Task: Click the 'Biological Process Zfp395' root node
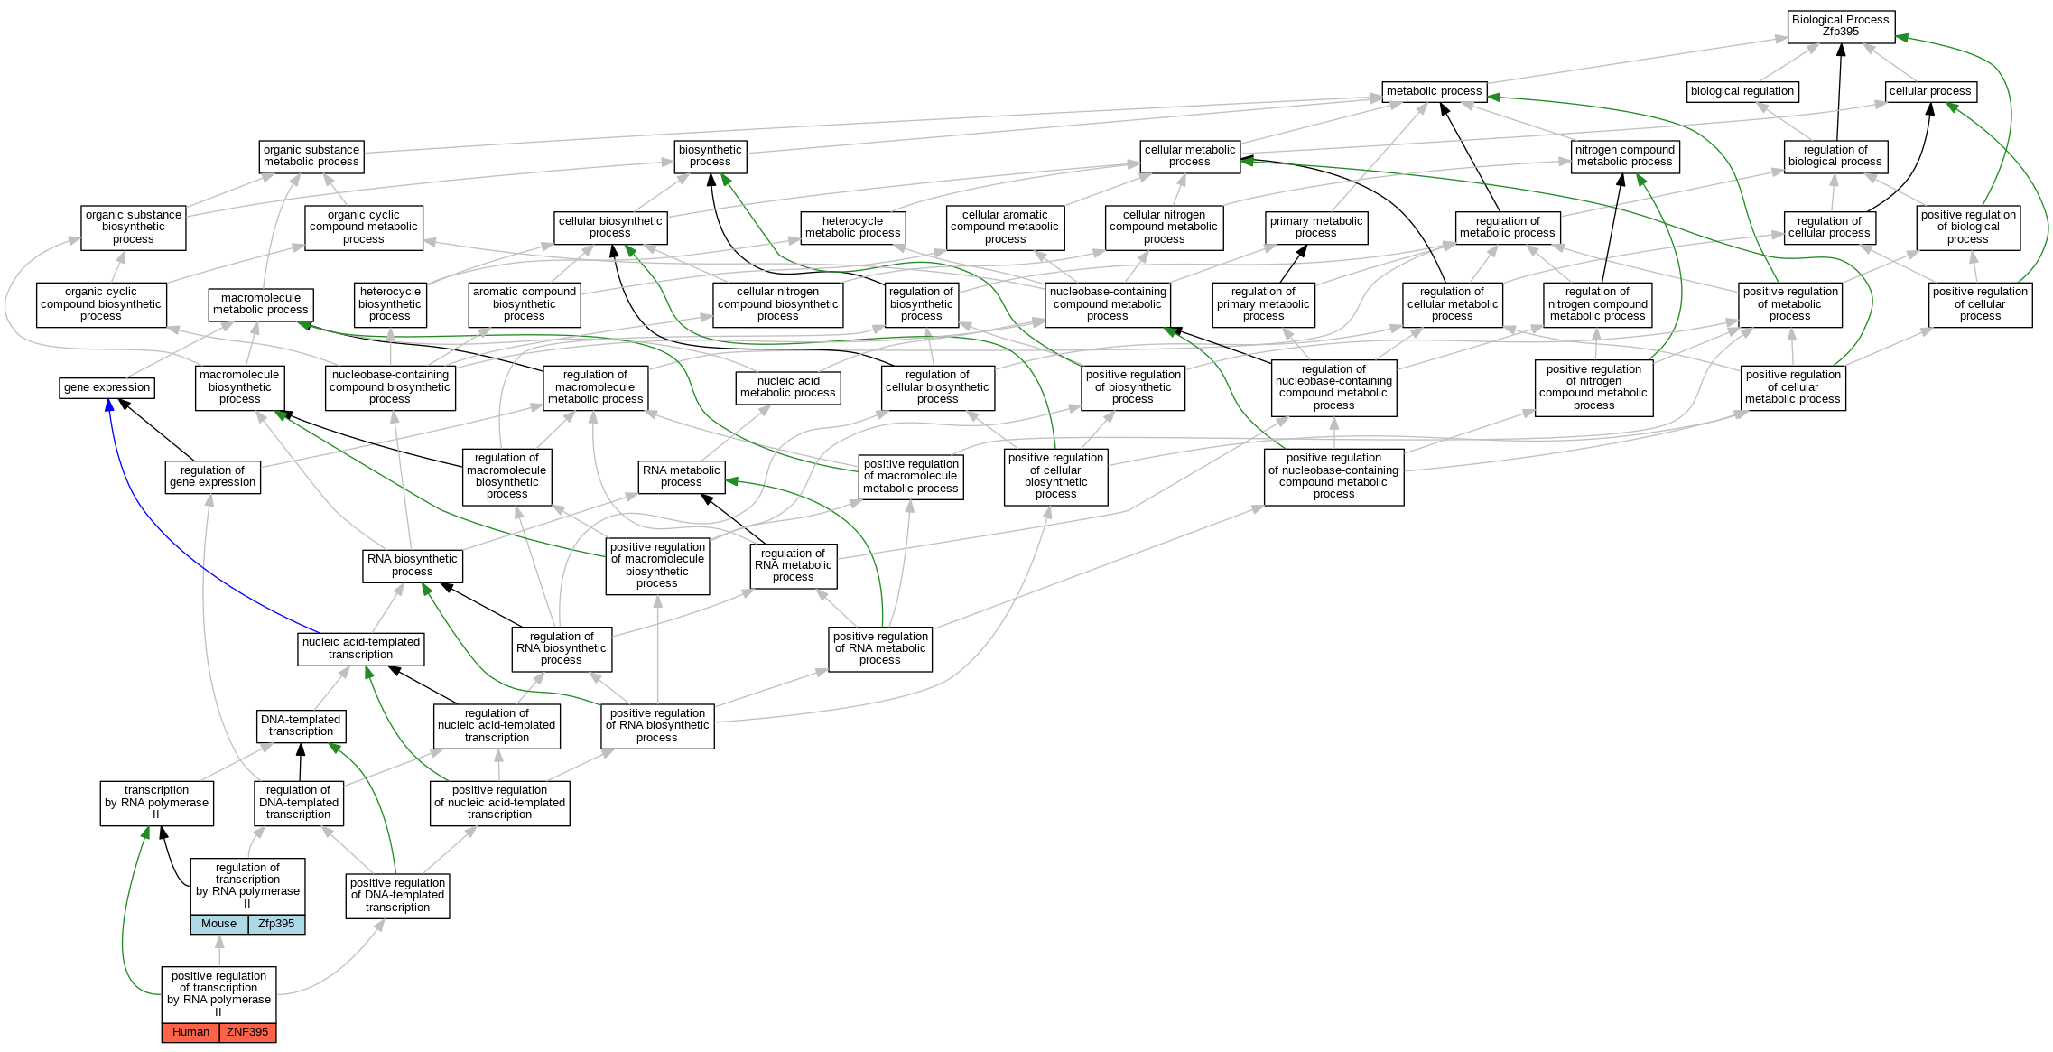1840,25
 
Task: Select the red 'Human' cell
190,1032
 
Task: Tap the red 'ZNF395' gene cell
247,1032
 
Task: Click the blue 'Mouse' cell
218,924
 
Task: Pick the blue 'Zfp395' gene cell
276,924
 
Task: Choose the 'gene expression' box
107,387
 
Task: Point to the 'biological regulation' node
1742,91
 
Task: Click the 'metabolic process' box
1434,91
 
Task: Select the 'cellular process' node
1930,91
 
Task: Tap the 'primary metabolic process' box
1315,228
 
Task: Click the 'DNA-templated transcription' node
301,726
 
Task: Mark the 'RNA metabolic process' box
681,477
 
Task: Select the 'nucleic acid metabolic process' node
787,387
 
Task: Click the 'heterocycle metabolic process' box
852,228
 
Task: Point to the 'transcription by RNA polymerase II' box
156,803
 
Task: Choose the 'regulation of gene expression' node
212,477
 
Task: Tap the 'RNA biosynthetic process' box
412,565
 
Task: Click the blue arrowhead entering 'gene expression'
109,405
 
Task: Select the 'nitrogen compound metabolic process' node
1624,156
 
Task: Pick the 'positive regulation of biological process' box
1968,228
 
